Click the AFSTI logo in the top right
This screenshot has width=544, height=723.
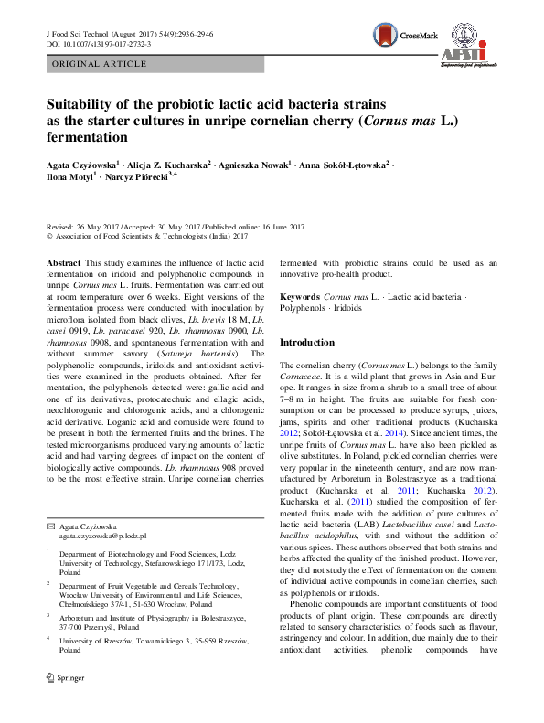click(468, 44)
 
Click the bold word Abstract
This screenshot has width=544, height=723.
click(64, 262)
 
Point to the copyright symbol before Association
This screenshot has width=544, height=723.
click(49, 236)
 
